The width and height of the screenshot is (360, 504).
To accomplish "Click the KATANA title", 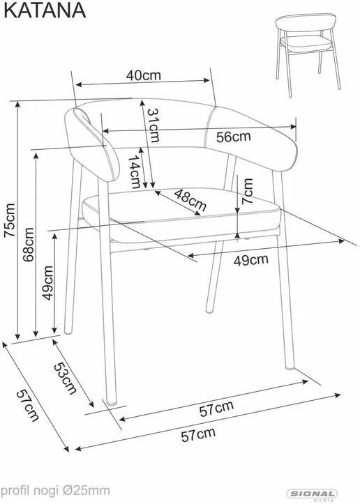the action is [x=45, y=10].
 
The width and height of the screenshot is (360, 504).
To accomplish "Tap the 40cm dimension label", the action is [x=143, y=75].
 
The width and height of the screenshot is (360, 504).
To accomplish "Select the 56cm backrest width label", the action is [x=233, y=137].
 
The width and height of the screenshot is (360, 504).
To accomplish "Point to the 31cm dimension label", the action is [x=153, y=125].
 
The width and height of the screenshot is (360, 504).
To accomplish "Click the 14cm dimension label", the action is [x=135, y=171].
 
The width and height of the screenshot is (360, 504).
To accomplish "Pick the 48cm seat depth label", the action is [x=190, y=200].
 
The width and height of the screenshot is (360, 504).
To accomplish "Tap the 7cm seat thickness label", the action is [x=248, y=191].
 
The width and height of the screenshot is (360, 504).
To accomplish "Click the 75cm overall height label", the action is [x=9, y=220].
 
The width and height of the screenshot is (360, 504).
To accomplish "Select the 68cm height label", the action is [x=29, y=245].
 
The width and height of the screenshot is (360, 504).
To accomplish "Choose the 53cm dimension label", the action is [x=66, y=379].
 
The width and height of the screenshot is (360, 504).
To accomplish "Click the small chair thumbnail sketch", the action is [x=308, y=54].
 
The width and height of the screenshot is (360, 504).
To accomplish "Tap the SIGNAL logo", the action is [x=312, y=494].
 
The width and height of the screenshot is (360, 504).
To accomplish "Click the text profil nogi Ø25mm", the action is [x=55, y=491].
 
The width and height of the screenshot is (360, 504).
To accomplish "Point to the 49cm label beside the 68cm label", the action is [x=47, y=283].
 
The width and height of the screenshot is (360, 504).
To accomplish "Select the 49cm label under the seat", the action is [x=250, y=260].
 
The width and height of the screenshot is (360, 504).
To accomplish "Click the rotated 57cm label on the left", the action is [x=28, y=405].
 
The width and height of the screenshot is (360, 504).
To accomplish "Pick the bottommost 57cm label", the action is [x=198, y=435].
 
